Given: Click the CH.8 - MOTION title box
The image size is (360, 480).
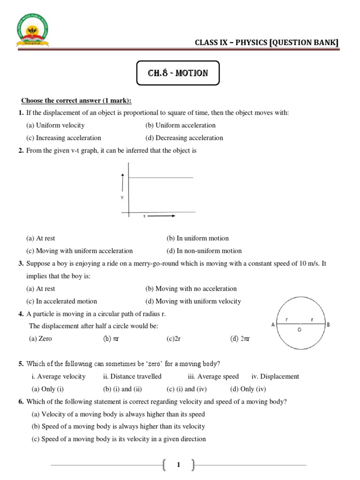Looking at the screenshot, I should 178,73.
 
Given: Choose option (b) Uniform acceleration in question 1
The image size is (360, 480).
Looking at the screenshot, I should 180,125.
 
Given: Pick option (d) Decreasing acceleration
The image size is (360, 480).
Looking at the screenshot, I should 184,138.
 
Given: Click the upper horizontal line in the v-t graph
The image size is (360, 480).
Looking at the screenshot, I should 161,178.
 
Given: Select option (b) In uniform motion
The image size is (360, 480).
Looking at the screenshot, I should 197,238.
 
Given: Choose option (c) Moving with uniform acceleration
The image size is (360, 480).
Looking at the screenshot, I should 80,251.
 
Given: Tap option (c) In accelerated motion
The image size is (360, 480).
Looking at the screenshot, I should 62,301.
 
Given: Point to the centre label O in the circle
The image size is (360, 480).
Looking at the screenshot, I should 300,330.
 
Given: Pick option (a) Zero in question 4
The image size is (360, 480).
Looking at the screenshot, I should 40,338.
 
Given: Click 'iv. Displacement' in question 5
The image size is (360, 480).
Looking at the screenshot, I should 275,376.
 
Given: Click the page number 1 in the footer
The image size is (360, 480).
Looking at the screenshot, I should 178,465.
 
